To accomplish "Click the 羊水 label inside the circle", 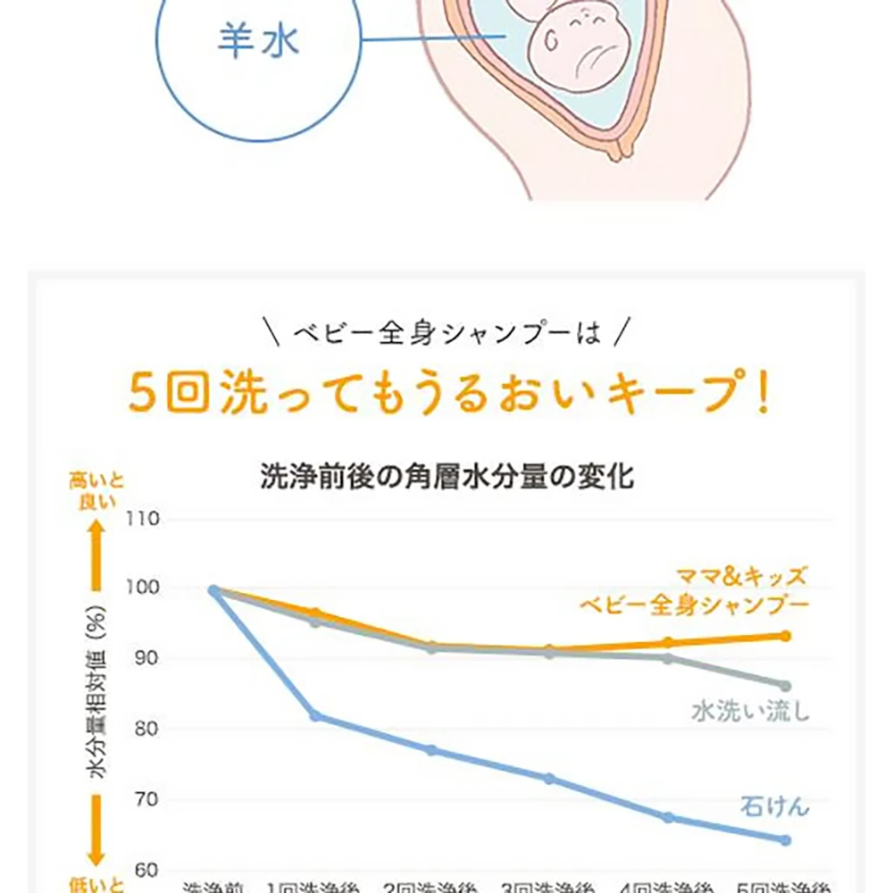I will click(x=258, y=40).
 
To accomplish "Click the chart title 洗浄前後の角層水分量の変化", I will click(x=446, y=476).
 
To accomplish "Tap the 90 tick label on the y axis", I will click(x=146, y=659).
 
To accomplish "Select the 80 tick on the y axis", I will click(x=146, y=729).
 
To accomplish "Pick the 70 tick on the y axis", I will click(x=146, y=799).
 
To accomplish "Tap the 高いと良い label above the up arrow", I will click(x=96, y=491).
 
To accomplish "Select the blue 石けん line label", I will click(x=774, y=806).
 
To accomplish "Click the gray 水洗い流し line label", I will click(x=750, y=712).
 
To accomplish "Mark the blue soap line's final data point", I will click(x=785, y=840).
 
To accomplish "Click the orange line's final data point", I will click(x=785, y=636).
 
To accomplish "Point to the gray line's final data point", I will click(x=785, y=686).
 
